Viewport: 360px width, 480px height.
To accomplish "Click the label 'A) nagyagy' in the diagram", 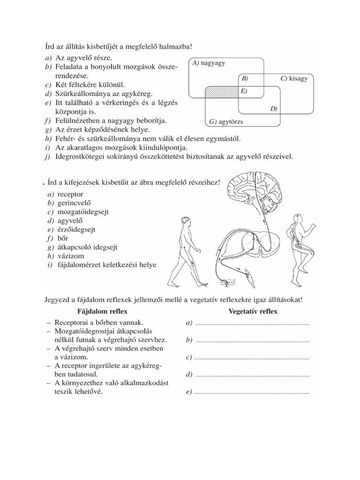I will tap(208, 63).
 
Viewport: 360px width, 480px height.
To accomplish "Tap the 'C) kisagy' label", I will tap(294, 78).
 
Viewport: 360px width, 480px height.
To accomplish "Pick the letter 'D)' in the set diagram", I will tap(274, 109).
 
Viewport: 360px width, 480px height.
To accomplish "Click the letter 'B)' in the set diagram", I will tap(245, 78).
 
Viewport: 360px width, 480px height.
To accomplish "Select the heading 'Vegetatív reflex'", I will tap(253, 311).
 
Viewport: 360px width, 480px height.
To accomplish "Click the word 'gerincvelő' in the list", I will tap(74, 202).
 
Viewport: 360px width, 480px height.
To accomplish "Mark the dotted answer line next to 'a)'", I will tap(252, 324).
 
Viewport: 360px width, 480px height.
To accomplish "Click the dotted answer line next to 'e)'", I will tap(252, 392).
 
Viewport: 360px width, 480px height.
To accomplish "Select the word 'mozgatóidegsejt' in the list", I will tap(83, 211).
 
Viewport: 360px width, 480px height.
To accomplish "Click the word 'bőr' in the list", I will tap(63, 238).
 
